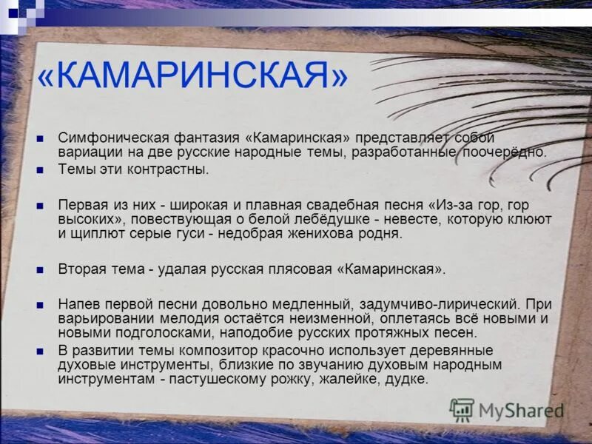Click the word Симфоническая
tap(104, 138)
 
